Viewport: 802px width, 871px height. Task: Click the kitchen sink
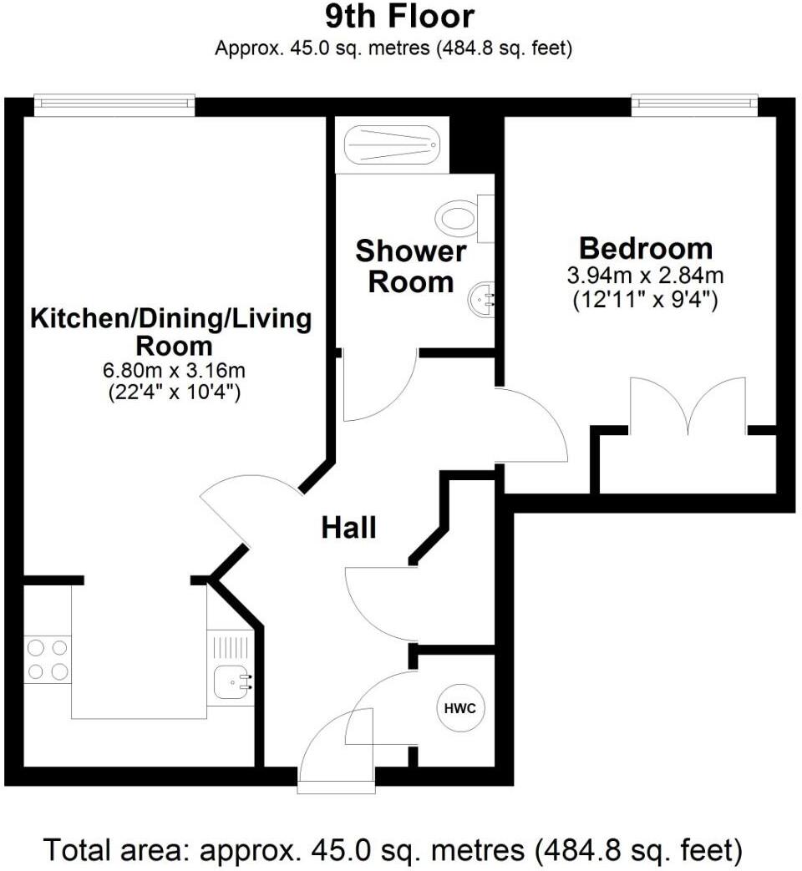(229, 683)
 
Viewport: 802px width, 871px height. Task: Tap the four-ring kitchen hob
(47, 659)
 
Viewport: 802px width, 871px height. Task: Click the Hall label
(349, 528)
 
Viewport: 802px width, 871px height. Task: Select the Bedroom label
(646, 248)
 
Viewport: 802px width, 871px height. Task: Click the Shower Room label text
(410, 266)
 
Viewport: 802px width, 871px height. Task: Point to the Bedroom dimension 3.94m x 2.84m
(646, 276)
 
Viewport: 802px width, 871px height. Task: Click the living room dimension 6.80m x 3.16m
(175, 370)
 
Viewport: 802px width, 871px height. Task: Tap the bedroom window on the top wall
(694, 104)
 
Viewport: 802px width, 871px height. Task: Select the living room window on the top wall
(114, 104)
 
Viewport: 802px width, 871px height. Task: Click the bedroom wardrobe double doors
(688, 408)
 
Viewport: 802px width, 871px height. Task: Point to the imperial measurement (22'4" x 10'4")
(175, 392)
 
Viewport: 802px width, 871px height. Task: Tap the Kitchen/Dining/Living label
(170, 318)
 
